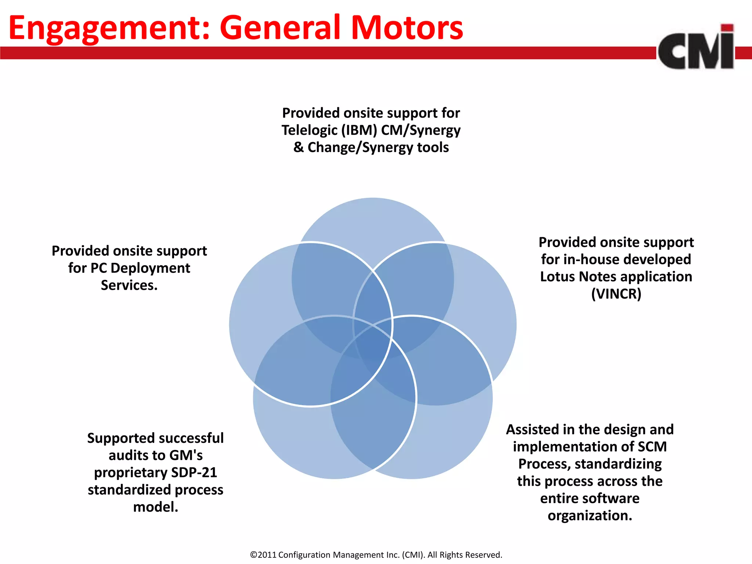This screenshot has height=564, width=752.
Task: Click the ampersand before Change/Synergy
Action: point(298,147)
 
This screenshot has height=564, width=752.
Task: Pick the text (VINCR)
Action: point(616,294)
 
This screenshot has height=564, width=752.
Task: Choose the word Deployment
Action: point(150,268)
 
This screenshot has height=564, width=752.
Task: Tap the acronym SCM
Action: point(652,447)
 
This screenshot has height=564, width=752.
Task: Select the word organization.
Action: point(590,516)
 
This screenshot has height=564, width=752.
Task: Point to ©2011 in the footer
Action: point(263,555)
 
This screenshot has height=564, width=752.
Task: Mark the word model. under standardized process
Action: point(156,507)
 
